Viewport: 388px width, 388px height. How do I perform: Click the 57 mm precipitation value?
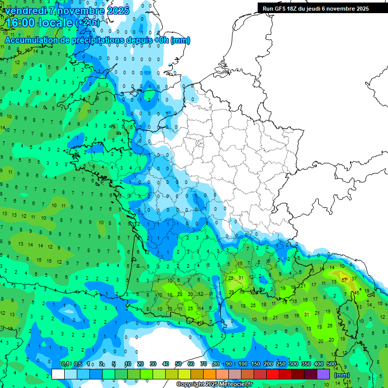(x=345, y=279)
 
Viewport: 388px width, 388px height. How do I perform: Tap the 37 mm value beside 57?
(x=354, y=279)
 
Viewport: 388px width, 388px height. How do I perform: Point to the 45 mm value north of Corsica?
(x=357, y=292)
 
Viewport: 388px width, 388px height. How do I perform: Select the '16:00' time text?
(x=20, y=23)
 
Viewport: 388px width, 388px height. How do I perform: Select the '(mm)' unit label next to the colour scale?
(x=342, y=375)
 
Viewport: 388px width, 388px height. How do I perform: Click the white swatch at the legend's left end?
(x=58, y=374)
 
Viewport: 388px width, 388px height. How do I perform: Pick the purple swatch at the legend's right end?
(x=323, y=374)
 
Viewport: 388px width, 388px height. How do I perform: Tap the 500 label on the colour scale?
(x=331, y=364)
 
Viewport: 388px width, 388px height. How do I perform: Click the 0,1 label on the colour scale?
(x=65, y=364)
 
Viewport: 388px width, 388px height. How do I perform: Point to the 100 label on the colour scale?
(x=243, y=364)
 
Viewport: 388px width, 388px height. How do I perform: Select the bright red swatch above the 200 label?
(x=273, y=374)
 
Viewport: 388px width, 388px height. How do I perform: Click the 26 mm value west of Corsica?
(x=329, y=326)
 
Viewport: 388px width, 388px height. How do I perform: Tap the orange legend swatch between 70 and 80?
(x=210, y=374)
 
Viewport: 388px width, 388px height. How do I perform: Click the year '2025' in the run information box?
(x=361, y=9)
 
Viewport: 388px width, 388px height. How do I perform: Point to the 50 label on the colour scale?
(x=178, y=364)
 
